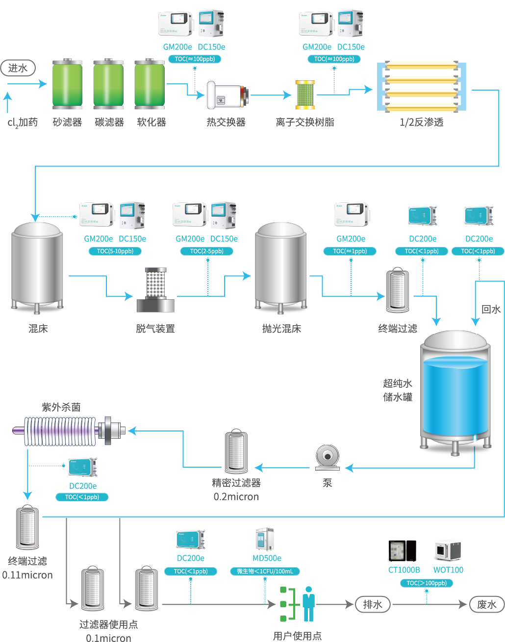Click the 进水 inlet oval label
coord(18,68)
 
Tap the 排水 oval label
coord(373,604)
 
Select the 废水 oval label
coord(487,604)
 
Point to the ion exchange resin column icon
coord(305,95)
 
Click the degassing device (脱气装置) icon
coord(155,290)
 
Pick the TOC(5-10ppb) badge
coord(115,251)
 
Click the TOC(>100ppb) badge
coord(427,583)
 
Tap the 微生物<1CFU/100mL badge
coord(265,571)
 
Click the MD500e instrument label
coord(267,558)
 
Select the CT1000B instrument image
coord(403,551)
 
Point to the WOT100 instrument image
coord(448,551)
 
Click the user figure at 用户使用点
coord(308,603)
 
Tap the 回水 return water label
coord(491,309)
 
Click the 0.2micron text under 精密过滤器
coord(236,497)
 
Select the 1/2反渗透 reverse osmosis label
coord(421,122)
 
